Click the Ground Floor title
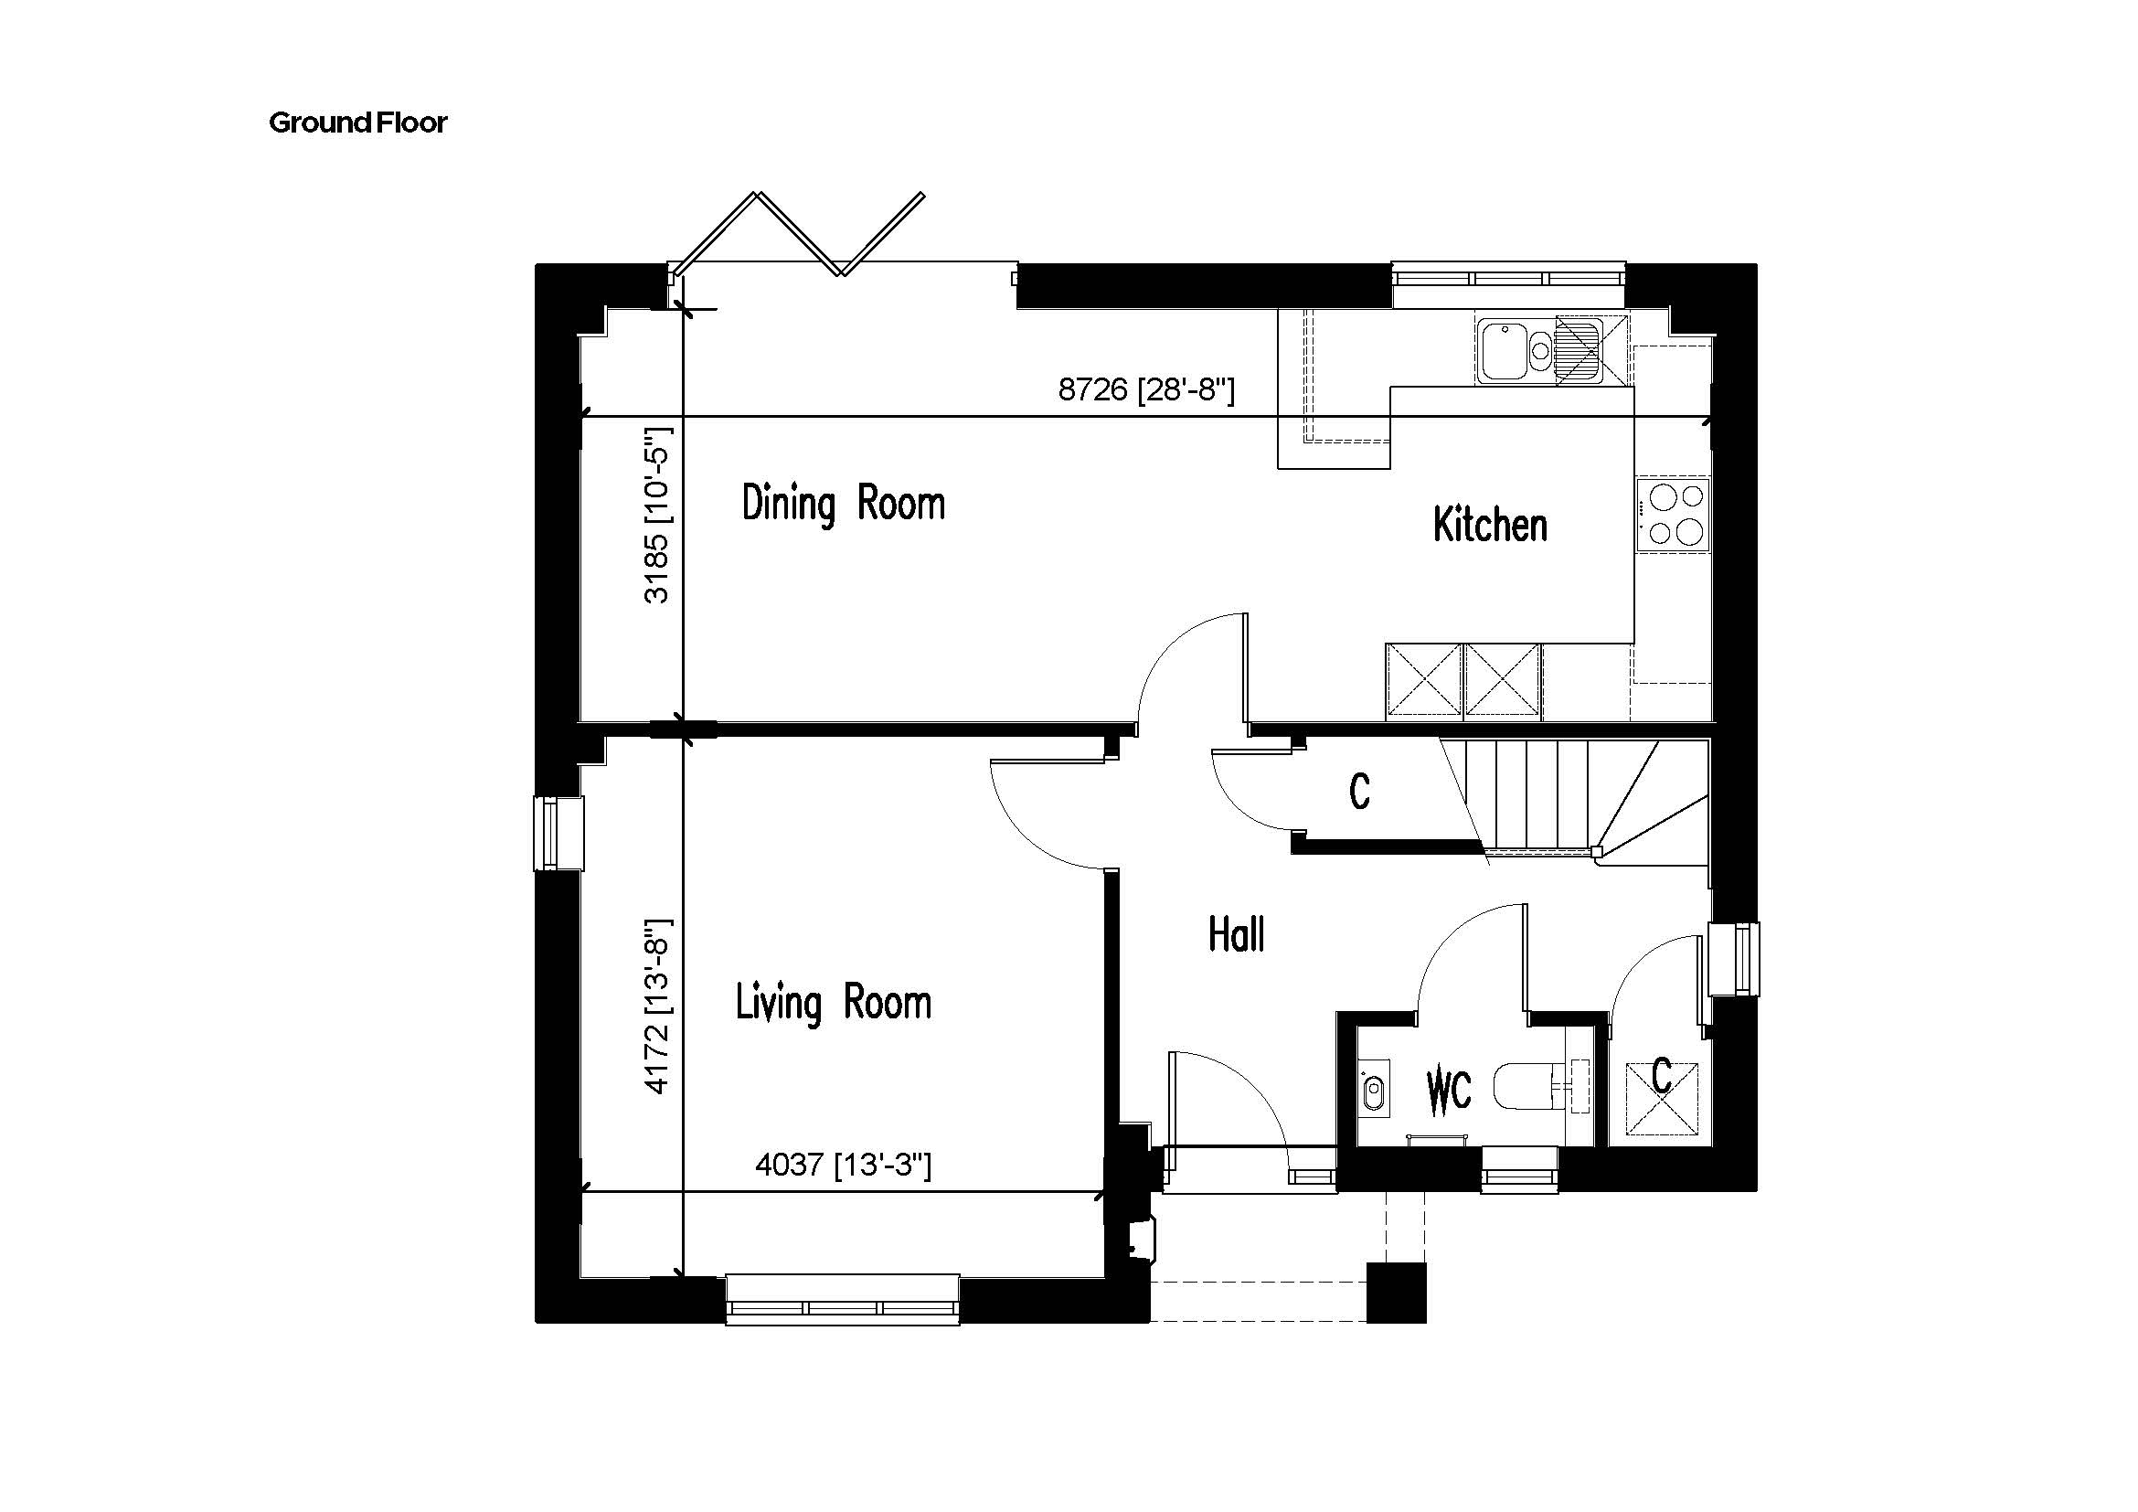(x=357, y=122)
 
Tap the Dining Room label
(x=844, y=504)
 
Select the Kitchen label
(x=1490, y=525)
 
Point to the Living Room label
(x=834, y=1004)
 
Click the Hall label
(x=1237, y=934)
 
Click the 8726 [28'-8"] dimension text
(x=1146, y=389)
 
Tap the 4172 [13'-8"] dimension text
(x=657, y=1006)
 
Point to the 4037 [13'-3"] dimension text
(x=843, y=1165)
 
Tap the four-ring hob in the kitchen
(x=1675, y=513)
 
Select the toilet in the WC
(x=1533, y=1087)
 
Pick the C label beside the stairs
(x=1359, y=793)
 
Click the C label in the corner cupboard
(x=1662, y=1076)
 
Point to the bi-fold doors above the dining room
(x=801, y=234)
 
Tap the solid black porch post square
(x=1396, y=1293)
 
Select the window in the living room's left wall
(x=558, y=834)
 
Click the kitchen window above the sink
(x=1508, y=279)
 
